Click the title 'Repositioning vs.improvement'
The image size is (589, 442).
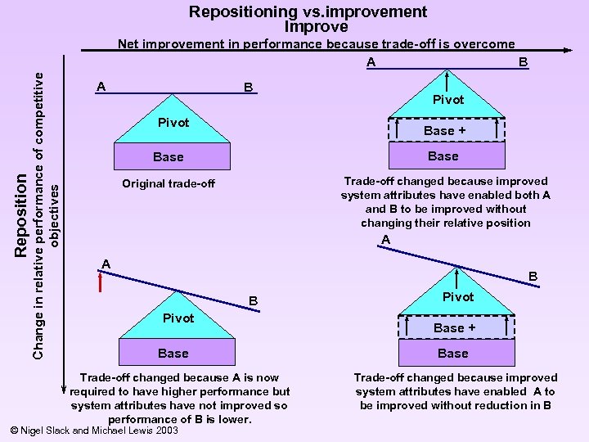click(x=308, y=11)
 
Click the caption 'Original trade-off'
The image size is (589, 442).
click(x=169, y=183)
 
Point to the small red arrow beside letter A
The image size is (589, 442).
click(x=100, y=282)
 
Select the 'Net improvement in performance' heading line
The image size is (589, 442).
click(x=316, y=44)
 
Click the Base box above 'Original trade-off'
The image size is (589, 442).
click(x=169, y=156)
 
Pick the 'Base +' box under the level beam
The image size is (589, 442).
click(x=444, y=130)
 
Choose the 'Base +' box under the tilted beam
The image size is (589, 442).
click(x=454, y=327)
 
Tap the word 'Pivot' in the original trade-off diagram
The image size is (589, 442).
click(x=173, y=123)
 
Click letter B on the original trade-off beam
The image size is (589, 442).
click(x=247, y=87)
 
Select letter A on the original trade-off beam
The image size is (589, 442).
click(x=100, y=86)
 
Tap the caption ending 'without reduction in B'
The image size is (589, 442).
click(x=455, y=391)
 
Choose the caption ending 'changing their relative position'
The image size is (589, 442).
click(x=446, y=202)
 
